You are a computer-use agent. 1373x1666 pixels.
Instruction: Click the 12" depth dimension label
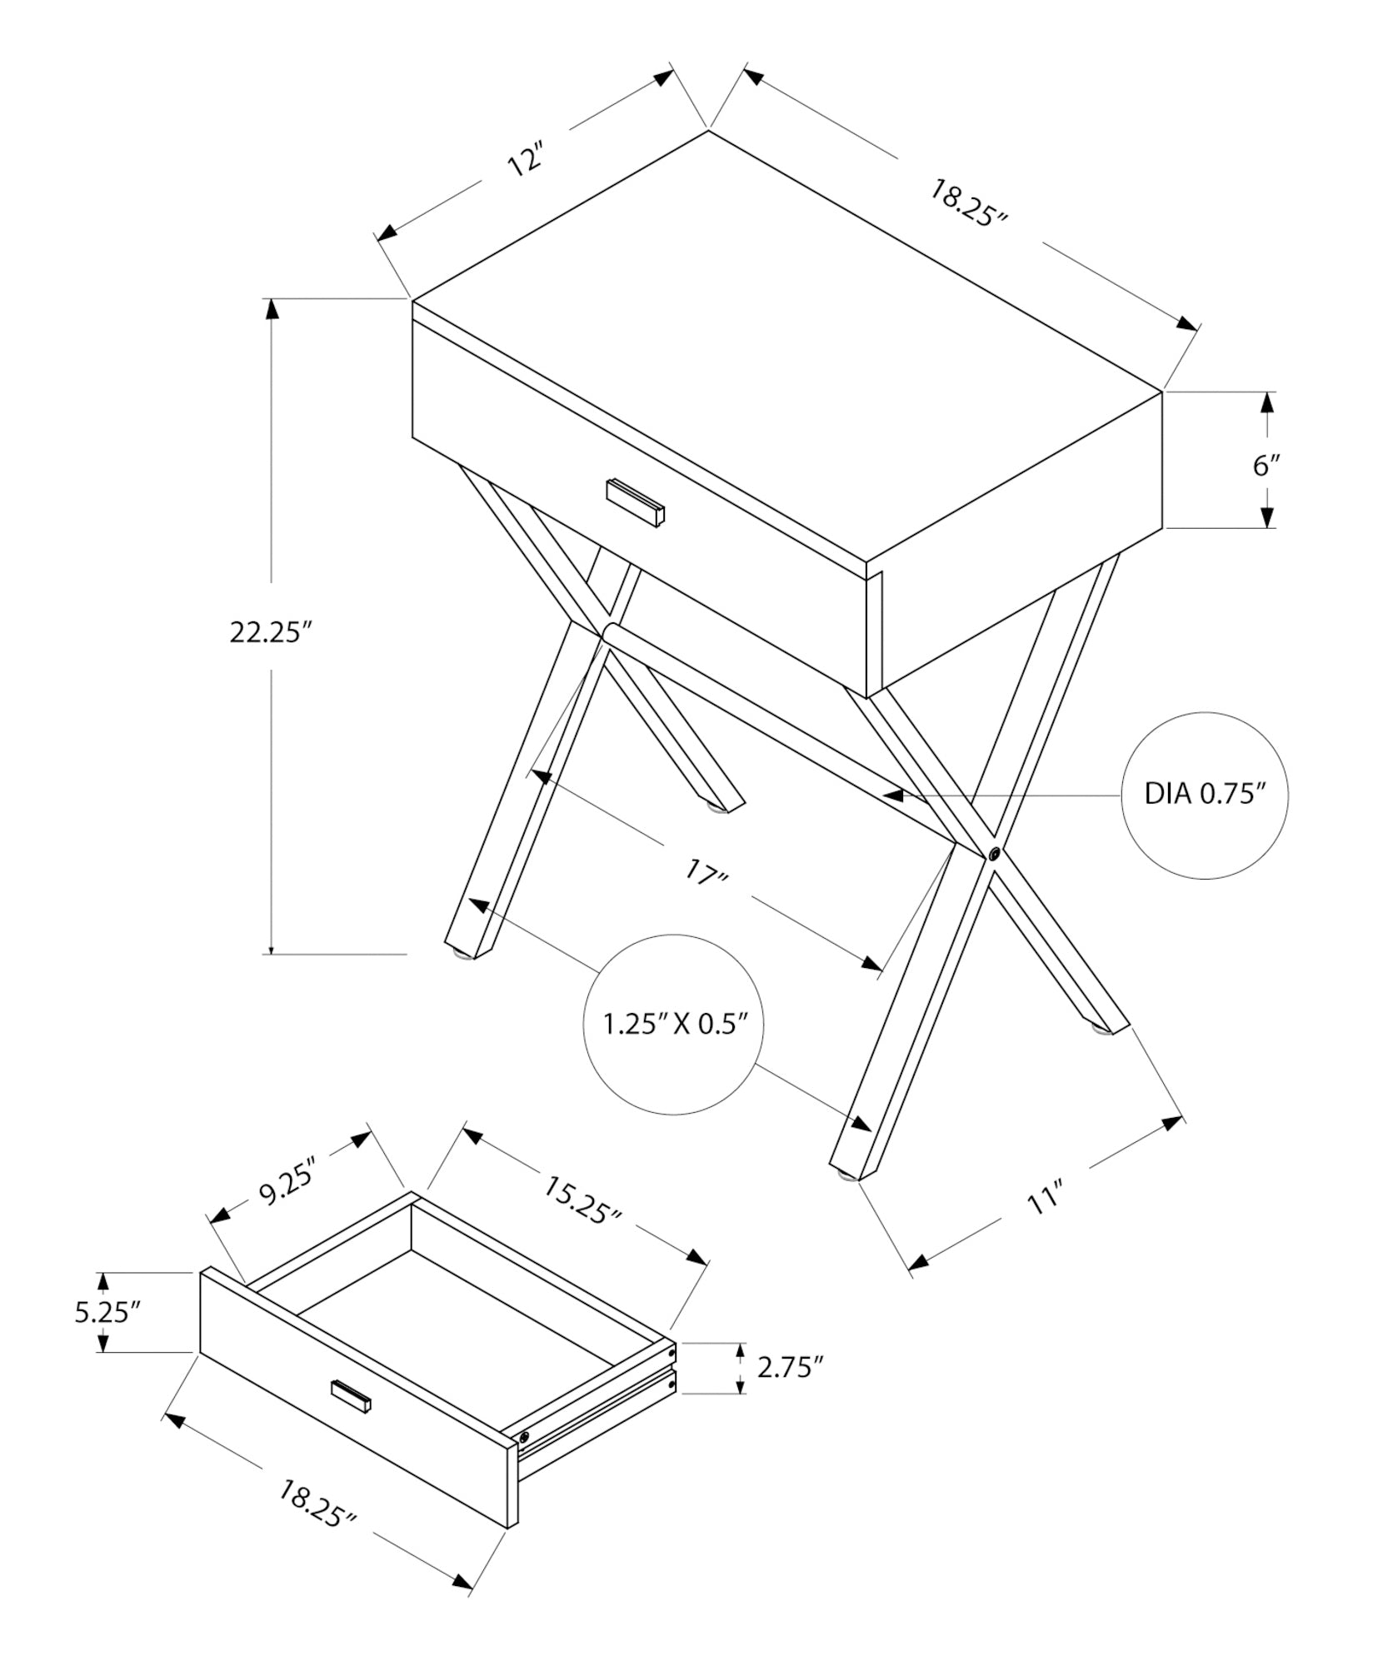[526, 160]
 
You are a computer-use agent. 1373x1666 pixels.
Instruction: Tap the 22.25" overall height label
[271, 633]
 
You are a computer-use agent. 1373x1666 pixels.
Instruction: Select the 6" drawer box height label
[1266, 465]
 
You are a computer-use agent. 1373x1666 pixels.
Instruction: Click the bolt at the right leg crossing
[994, 853]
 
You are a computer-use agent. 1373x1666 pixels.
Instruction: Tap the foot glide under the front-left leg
[458, 955]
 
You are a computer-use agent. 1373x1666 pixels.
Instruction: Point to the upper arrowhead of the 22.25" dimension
[271, 309]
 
